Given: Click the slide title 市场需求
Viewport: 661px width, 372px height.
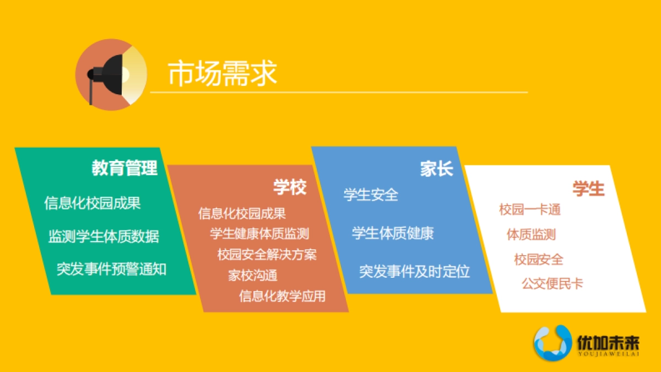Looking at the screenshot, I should [x=222, y=74].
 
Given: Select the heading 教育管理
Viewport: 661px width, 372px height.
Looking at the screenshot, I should [x=124, y=168].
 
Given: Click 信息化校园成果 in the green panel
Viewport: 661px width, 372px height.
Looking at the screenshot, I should [x=93, y=202].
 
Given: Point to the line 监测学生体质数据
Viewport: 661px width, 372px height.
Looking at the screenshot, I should [x=104, y=236].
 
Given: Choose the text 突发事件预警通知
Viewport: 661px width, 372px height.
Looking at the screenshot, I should [x=111, y=269].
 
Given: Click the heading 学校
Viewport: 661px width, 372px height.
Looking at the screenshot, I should [x=290, y=187].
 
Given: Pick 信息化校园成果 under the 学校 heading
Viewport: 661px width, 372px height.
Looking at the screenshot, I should [x=242, y=213].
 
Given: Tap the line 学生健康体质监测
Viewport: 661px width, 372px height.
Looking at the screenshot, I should [x=259, y=234].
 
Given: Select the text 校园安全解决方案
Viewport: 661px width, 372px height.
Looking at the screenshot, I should [x=267, y=255].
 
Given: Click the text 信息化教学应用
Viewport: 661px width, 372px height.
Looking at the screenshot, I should [x=282, y=296].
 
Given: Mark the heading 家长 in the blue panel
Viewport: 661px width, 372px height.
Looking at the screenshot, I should [x=436, y=169].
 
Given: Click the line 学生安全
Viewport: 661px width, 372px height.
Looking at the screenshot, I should [x=371, y=195].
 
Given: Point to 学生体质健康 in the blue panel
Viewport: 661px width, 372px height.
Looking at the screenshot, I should [x=393, y=233].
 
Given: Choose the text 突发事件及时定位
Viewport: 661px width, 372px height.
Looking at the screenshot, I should [x=414, y=271].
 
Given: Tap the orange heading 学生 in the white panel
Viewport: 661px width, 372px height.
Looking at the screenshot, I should [x=588, y=188].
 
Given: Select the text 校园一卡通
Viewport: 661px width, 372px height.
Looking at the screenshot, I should [x=529, y=209].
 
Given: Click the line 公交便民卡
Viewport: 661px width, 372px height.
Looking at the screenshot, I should [x=552, y=284].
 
